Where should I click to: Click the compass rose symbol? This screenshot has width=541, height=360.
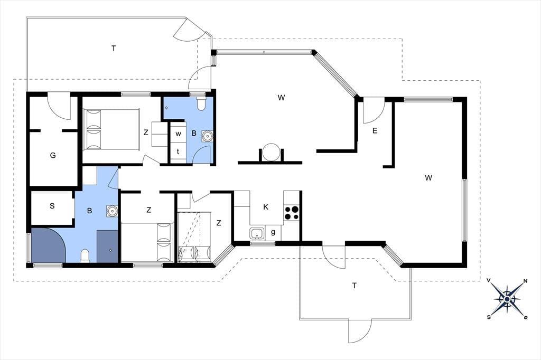507,299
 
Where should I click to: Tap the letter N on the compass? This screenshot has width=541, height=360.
525,280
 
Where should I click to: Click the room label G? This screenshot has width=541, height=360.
53,155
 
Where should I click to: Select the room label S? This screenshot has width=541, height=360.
52,206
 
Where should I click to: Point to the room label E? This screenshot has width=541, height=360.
375,131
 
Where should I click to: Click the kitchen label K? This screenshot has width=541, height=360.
266,207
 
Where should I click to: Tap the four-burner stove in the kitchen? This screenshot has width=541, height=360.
292,213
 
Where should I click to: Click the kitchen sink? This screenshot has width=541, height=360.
256,233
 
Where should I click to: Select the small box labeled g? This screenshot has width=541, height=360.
273,233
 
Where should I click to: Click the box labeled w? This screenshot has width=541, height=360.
179,134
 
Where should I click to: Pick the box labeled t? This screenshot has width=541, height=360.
178,151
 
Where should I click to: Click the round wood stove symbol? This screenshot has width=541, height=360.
271,152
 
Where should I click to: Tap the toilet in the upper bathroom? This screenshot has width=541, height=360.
201,103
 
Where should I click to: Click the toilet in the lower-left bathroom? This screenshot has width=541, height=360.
85,256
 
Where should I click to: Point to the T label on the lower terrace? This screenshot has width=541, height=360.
354,286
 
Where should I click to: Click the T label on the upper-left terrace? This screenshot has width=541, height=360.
114,48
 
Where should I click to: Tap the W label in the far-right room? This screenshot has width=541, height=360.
428,178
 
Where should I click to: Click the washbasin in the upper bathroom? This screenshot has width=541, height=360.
207,136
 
